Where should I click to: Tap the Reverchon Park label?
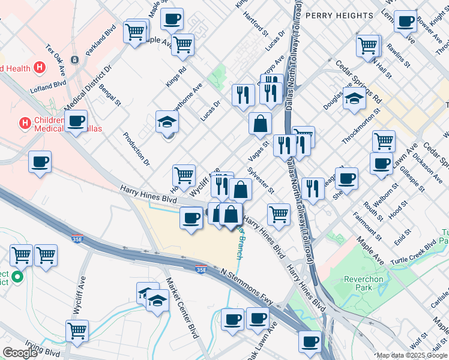358,283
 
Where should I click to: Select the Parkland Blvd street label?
101,40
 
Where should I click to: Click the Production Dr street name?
136,149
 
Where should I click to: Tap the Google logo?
20,353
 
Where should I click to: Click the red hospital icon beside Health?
40,67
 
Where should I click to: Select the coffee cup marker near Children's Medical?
76,121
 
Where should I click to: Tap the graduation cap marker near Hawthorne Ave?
167,122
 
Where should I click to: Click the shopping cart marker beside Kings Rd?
182,44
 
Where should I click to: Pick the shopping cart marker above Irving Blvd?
77,330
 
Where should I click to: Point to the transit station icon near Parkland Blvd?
74,60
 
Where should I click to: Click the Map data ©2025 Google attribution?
411,355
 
